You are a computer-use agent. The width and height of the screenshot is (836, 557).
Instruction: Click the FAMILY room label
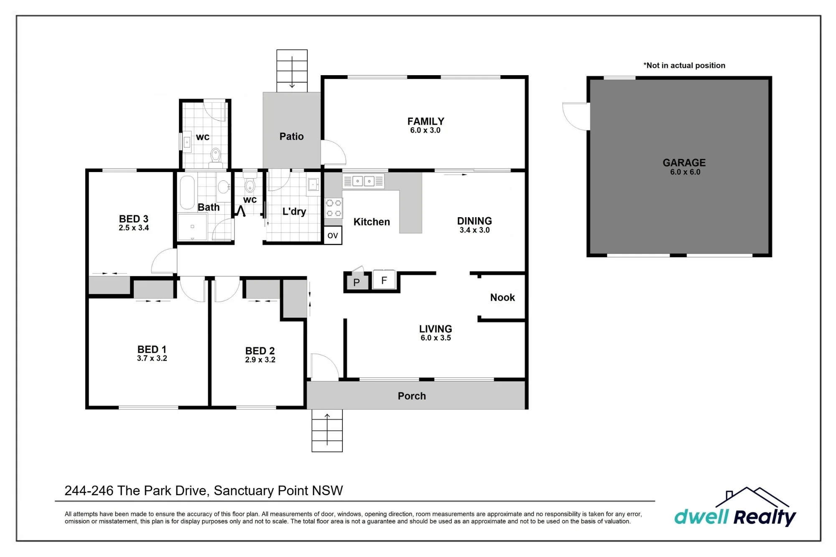pyautogui.click(x=426, y=121)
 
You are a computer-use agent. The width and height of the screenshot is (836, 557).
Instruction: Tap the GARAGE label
pyautogui.click(x=684, y=162)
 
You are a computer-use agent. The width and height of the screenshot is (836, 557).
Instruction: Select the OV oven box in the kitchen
pyautogui.click(x=333, y=235)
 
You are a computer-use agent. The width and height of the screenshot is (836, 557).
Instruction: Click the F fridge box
pyautogui.click(x=384, y=280)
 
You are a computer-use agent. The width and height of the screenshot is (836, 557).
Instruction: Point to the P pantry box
pyautogui.click(x=357, y=282)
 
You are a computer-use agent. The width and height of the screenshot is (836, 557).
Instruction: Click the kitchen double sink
pyautogui.click(x=363, y=181)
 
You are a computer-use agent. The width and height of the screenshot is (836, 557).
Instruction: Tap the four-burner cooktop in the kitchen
pyautogui.click(x=334, y=208)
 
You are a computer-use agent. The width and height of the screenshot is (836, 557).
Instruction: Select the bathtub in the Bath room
pyautogui.click(x=187, y=192)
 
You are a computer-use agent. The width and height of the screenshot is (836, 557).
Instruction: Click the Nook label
pyautogui.click(x=502, y=297)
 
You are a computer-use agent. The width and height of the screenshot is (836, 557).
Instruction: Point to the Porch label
pyautogui.click(x=412, y=396)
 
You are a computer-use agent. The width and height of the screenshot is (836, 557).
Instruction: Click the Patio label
pyautogui.click(x=291, y=136)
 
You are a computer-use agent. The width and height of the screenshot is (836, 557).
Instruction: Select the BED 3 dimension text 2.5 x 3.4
pyautogui.click(x=134, y=228)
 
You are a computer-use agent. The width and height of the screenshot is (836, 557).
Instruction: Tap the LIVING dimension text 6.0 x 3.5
pyautogui.click(x=436, y=338)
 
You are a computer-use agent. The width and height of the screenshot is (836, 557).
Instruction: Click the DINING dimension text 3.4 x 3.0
pyautogui.click(x=474, y=230)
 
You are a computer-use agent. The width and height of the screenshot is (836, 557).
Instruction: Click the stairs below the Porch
pyautogui.click(x=327, y=430)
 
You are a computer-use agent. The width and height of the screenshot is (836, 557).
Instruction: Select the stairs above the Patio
pyautogui.click(x=292, y=71)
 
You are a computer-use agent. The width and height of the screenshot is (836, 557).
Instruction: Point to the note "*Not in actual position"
pyautogui.click(x=684, y=65)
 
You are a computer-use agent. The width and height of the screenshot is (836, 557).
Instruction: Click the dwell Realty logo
pyautogui.click(x=735, y=507)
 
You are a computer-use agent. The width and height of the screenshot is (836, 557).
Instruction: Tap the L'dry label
pyautogui.click(x=294, y=211)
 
